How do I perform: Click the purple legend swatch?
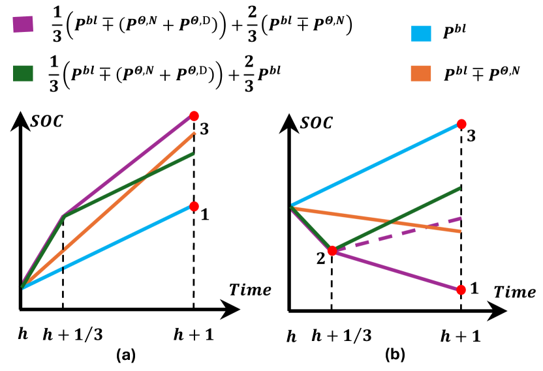coord(23,25)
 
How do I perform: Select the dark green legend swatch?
coord(23,73)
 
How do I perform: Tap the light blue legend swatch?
coord(421,34)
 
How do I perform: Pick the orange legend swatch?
coord(421,73)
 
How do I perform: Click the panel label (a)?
coord(126,355)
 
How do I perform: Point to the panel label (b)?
coord(395,354)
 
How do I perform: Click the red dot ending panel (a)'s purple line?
coord(194,116)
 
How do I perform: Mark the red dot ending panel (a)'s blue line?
coord(194,206)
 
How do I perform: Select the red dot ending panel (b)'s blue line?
coord(461,124)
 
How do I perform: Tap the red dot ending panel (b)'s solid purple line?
coord(461,289)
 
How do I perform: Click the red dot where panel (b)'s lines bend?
coord(332,250)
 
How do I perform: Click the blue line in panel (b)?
coord(379,164)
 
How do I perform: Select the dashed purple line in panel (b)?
coord(405,231)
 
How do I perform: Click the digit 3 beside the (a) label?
coord(98,335)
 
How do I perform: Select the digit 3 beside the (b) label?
coord(367,336)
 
